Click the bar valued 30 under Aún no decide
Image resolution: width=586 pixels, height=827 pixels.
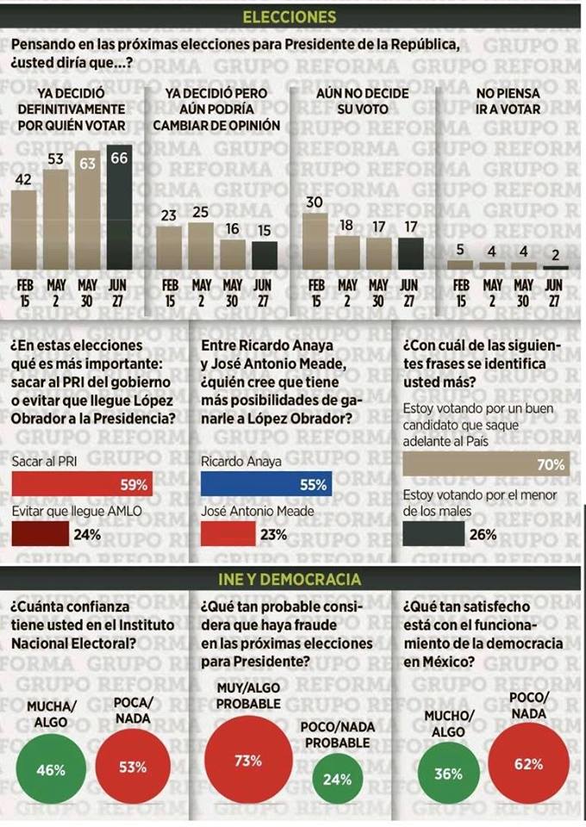pos(315,241)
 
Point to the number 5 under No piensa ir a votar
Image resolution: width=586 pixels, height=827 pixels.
pos(460,251)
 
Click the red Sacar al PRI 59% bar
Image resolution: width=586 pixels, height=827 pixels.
pos(82,485)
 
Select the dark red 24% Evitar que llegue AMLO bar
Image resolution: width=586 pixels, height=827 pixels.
pos(41,534)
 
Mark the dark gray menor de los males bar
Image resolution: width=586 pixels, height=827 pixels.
pos(433,534)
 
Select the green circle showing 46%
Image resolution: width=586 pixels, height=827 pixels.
pos(51,769)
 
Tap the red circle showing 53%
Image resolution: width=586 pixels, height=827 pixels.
pos(133,768)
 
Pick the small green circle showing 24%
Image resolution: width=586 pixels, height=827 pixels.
pos(337,780)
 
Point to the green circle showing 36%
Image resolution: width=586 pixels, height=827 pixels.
pos(447,774)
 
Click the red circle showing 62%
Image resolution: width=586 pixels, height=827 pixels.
pos(529,763)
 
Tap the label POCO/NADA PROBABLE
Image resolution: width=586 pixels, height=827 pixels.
pos(338,734)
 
